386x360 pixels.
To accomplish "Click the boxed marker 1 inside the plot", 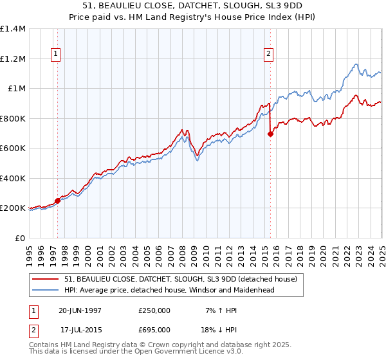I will point(57,55).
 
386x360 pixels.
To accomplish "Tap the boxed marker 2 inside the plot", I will point(268,55).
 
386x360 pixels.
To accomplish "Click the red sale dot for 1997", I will point(57,201).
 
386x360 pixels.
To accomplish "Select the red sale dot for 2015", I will point(270,134).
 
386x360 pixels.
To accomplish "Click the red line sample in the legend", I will point(46,279).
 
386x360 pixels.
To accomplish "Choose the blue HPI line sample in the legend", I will point(46,290).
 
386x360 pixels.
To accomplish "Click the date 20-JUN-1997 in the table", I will point(79,310).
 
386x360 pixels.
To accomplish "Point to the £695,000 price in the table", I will point(154,329).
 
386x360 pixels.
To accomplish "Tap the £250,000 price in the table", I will point(154,310).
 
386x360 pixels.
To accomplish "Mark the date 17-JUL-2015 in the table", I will point(80,329).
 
